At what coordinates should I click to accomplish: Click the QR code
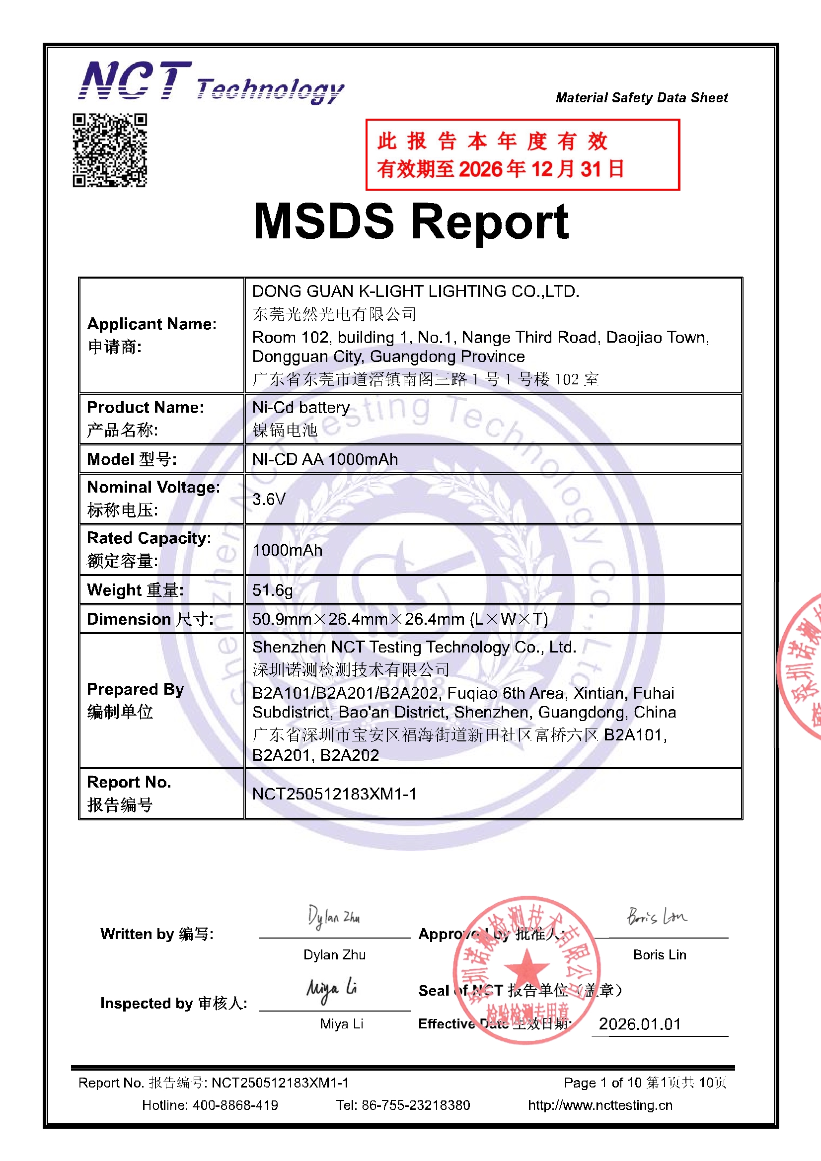110,150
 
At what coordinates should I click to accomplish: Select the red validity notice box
522,155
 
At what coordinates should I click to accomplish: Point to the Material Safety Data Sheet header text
641,98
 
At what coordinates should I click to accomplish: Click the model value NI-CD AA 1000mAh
325,459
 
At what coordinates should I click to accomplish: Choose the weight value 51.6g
272,589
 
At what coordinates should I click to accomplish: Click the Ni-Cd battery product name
300,408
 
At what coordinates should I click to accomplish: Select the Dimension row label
149,619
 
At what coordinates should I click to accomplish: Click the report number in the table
334,794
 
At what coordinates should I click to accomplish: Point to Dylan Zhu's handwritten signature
333,917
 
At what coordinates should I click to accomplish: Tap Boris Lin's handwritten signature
657,916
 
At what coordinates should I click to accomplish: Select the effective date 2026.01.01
639,1024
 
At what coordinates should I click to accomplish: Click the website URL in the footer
600,1105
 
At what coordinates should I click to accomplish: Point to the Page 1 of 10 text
645,1083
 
